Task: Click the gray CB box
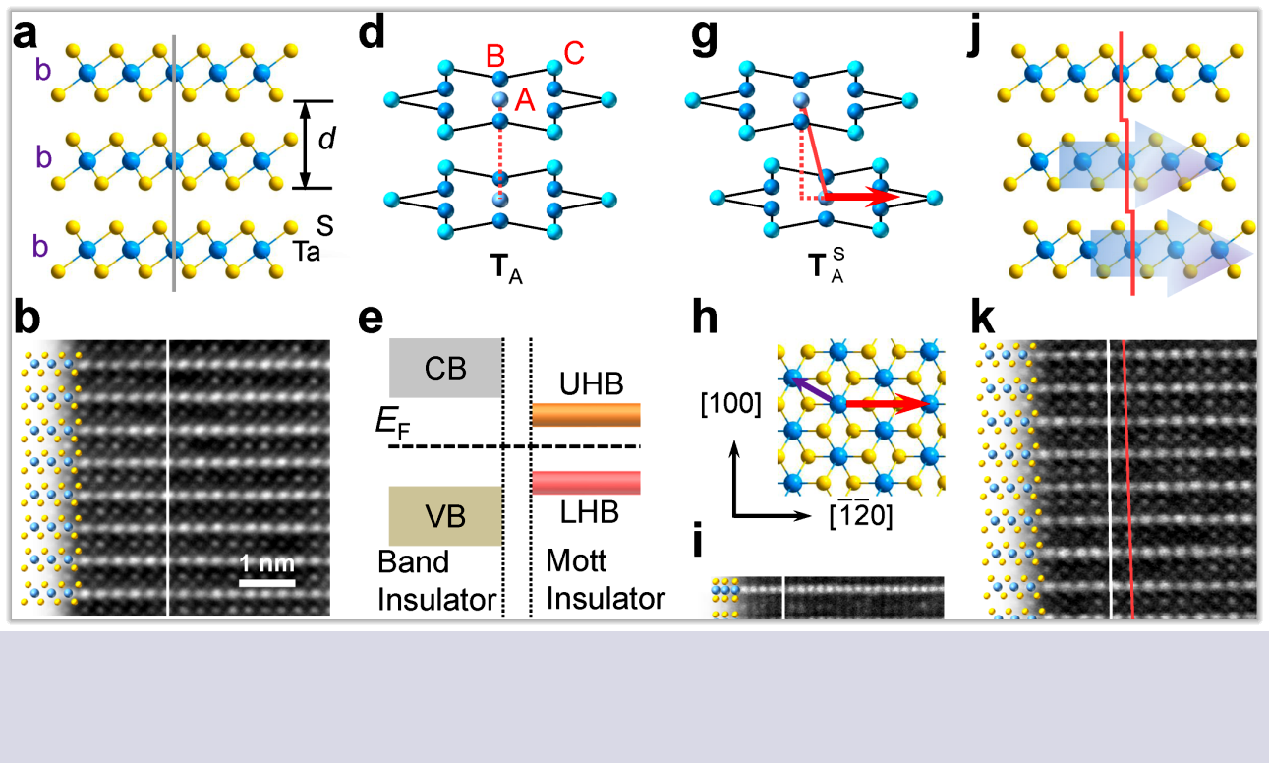click(446, 368)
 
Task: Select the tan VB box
click(446, 515)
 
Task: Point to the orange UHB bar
click(586, 414)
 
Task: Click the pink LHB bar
click(586, 482)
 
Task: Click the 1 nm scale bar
click(267, 582)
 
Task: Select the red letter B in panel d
click(500, 58)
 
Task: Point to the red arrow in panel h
click(890, 403)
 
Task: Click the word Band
click(414, 562)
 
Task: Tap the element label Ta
click(308, 253)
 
